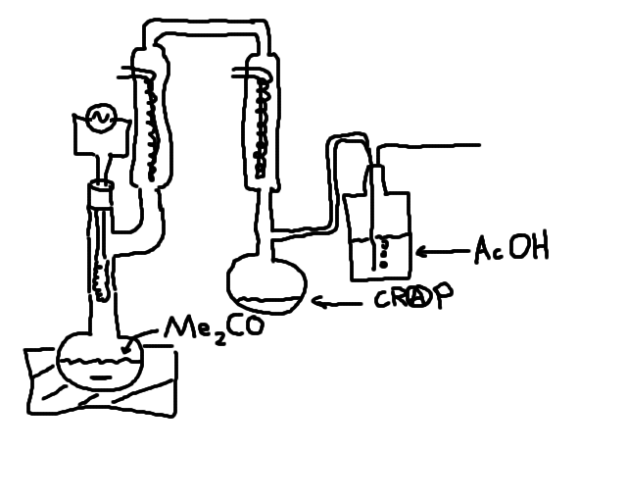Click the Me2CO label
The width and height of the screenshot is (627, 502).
[x=213, y=327]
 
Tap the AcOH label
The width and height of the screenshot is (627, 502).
[x=510, y=249]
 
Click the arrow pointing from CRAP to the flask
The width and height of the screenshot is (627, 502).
[x=338, y=303]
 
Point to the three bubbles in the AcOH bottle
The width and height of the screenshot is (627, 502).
[x=383, y=253]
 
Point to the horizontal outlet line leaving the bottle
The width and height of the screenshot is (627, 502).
[x=431, y=146]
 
